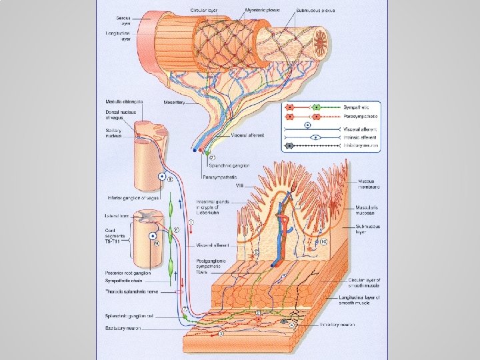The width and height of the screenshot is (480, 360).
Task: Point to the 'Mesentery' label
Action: coord(174,103)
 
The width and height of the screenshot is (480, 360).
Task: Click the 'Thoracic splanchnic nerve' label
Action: coord(132,291)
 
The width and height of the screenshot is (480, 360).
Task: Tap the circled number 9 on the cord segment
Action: coord(157,244)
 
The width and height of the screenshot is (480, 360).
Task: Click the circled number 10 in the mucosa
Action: coord(324,241)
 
